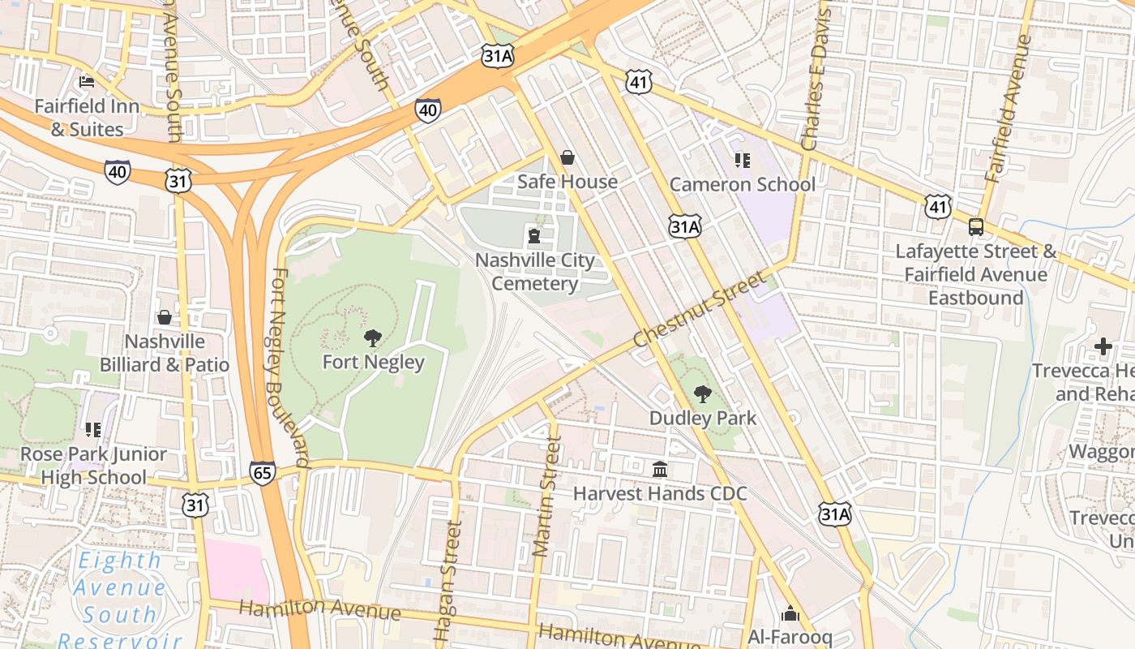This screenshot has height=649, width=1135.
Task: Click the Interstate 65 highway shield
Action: point(262,473)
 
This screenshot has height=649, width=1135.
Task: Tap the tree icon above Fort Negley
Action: point(373,338)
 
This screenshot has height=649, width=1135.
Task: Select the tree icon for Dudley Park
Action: point(702,395)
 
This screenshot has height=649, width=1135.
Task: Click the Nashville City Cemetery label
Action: point(534,272)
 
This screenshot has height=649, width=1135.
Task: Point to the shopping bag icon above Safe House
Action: point(567,157)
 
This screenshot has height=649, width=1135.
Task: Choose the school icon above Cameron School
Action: point(742,161)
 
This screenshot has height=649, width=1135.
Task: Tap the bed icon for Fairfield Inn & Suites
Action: point(87,82)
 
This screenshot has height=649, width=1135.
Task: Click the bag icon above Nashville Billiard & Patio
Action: point(165,317)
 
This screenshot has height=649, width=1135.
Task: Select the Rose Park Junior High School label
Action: point(93,466)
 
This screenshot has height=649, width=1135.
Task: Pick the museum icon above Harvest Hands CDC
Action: point(660,470)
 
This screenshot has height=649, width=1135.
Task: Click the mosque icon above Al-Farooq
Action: point(790,614)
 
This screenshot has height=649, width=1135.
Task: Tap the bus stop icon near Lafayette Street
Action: point(976,227)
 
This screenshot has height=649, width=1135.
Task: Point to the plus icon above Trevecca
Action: point(1103,347)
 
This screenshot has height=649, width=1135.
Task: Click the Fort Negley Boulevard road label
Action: point(289,369)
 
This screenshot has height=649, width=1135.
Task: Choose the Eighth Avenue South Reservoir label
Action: point(118,600)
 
